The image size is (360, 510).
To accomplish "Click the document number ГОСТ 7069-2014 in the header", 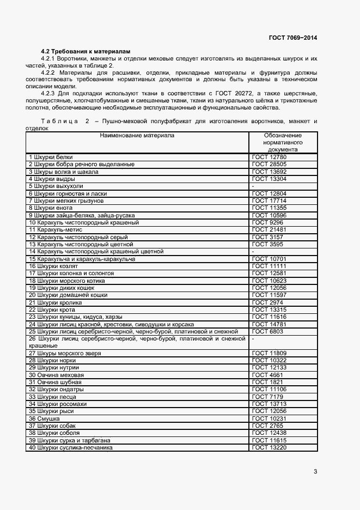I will click(292, 38).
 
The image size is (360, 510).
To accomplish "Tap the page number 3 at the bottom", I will click(315, 471).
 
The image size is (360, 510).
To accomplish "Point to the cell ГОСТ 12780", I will click(269, 157).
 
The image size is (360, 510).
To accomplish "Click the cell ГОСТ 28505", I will click(269, 164).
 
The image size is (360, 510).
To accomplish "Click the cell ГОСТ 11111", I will click(269, 266).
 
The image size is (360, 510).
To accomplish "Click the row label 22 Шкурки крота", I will click(52, 309).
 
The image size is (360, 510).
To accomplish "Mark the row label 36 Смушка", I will click(44, 418).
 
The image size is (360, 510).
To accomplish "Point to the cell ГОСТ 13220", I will click(269, 447).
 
